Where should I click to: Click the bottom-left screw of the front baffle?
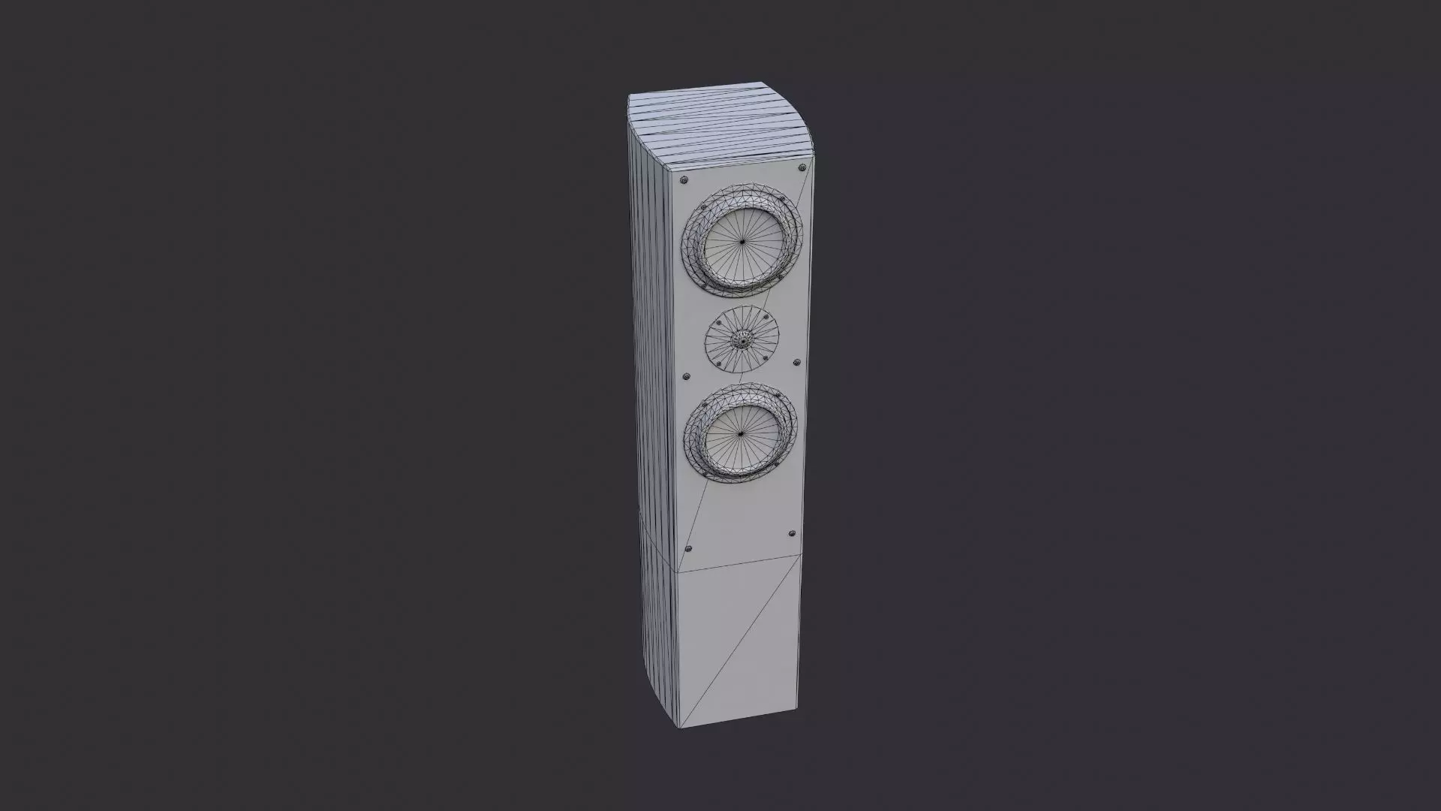tap(690, 548)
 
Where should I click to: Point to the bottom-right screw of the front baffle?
tap(791, 533)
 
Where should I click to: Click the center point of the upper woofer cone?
tap(742, 241)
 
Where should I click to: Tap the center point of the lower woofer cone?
tap(739, 434)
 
